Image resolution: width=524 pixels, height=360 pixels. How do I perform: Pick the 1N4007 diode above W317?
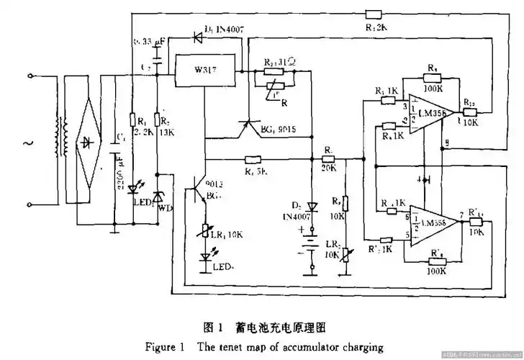[x=199, y=34]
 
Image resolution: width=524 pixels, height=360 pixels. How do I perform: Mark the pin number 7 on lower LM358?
[x=458, y=215]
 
